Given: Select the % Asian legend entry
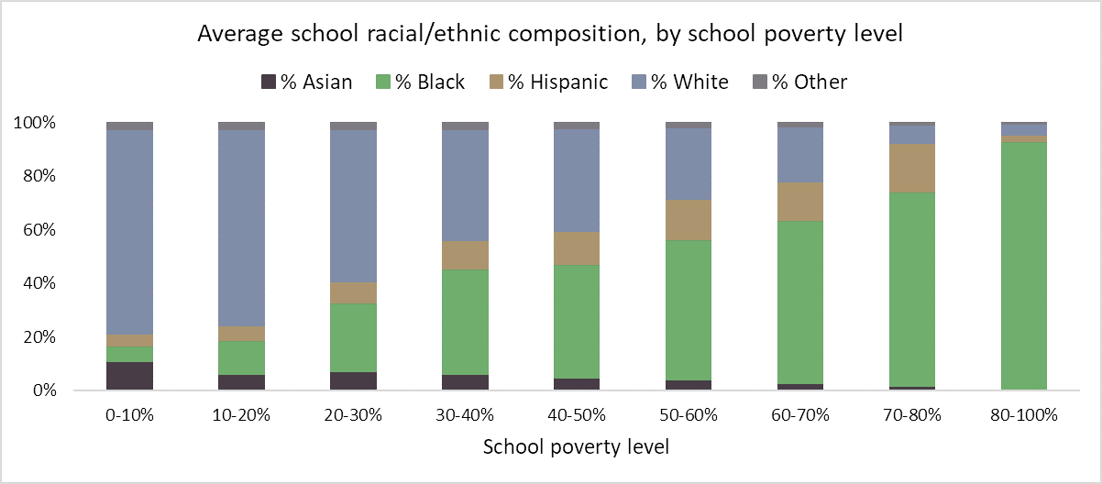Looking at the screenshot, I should pos(306,82).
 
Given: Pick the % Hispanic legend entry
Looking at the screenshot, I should pos(547,82).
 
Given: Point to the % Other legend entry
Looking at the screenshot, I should pos(799,82).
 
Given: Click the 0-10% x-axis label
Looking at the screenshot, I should pos(129,414).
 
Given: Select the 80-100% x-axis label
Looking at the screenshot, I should pos(1024,414).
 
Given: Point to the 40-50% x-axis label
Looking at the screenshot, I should pos(577,414).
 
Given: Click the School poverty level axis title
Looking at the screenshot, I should pos(576,447).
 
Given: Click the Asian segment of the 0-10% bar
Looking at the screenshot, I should pos(129,376).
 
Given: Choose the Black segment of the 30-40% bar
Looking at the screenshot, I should pos(465,322).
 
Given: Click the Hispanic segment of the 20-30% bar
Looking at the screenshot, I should pos(353,292).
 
